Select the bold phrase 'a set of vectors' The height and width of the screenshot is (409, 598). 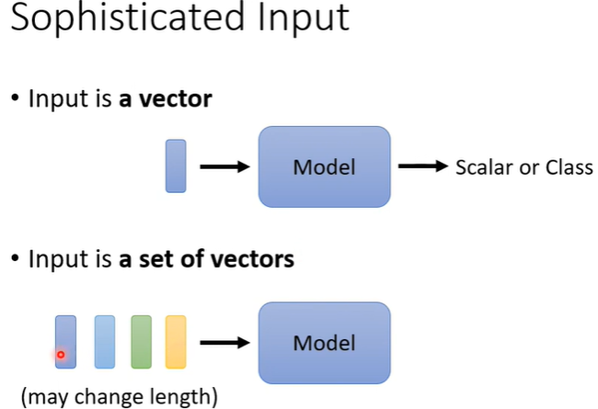coord(207,259)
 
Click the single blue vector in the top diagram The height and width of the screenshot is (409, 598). coord(176,165)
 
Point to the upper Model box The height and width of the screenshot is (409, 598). coord(324,166)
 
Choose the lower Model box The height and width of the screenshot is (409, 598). coord(324,343)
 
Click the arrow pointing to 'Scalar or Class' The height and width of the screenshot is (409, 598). coord(422,166)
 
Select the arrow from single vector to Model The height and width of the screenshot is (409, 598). coord(224,166)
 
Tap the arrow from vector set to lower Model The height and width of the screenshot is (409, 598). coord(224,343)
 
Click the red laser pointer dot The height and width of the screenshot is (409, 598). coord(61,354)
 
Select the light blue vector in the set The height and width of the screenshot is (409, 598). coord(104,342)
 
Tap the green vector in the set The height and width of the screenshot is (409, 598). coord(141,342)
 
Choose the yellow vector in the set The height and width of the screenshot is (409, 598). coord(176,342)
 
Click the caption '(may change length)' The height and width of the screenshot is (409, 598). coord(120,396)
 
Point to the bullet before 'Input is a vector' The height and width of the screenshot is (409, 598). coord(16,98)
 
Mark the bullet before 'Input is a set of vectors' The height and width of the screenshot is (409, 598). coord(16,260)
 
